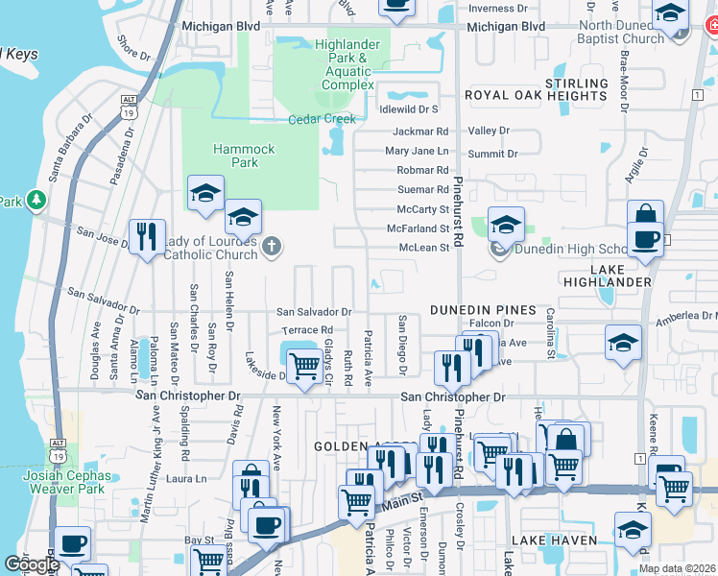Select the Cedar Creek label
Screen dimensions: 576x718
(323, 119)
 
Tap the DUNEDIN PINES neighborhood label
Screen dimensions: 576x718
(481, 309)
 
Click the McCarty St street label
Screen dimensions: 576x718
(422, 209)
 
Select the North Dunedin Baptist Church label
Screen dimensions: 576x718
(622, 32)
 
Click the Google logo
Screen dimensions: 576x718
(32, 564)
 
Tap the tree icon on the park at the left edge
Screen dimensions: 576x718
(37, 199)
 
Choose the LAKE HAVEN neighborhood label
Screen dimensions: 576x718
(542, 540)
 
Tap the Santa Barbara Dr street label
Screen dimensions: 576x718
(67, 147)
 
